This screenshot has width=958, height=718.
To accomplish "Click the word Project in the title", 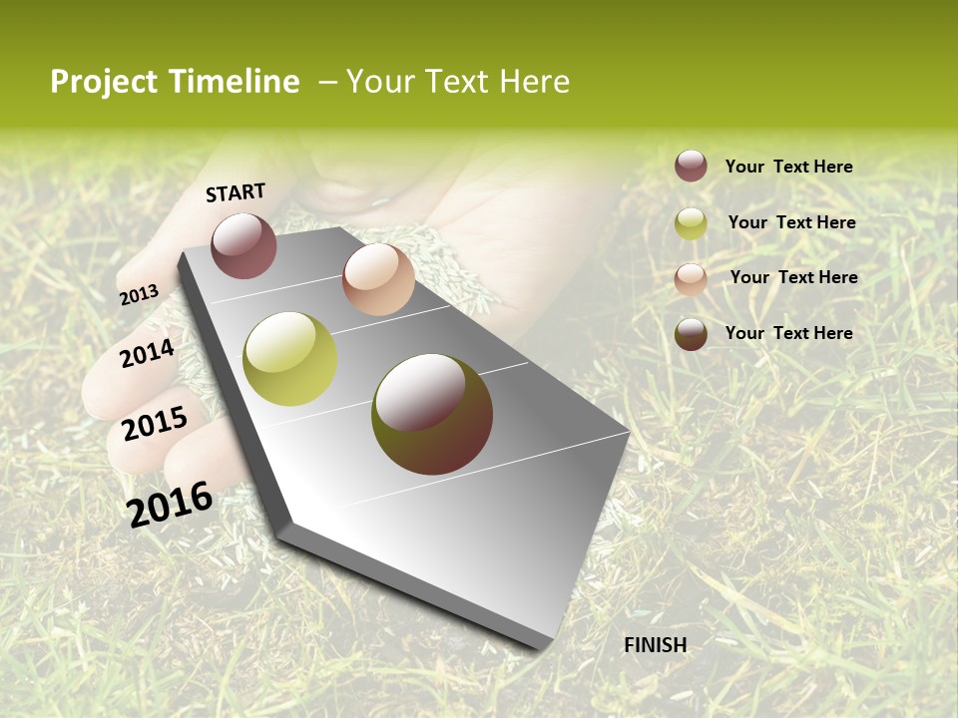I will [105, 82].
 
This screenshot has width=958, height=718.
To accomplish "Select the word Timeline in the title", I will [235, 82].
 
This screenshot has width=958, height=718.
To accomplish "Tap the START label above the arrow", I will [236, 192].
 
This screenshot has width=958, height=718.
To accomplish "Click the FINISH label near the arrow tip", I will [655, 645].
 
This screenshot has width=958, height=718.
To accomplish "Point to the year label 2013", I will [139, 294].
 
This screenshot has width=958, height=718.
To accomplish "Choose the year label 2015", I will [154, 424].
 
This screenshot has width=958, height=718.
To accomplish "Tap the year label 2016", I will [170, 504].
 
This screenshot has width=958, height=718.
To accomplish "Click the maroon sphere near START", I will [243, 245].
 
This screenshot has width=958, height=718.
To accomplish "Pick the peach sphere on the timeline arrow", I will [378, 279].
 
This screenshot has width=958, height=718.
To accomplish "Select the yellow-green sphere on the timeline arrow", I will [289, 359].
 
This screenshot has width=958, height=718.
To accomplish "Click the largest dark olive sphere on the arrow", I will [432, 414].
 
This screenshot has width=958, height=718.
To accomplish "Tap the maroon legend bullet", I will [691, 166].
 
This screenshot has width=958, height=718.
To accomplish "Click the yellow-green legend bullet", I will [691, 223].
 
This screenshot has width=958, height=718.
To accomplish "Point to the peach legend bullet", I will [691, 278].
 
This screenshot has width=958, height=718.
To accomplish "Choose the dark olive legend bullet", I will [691, 334].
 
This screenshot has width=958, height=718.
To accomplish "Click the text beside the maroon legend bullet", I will [788, 167].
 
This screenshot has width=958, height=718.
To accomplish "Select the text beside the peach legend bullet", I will [793, 277].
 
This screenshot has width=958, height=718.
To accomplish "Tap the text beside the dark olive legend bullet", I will [788, 333].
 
